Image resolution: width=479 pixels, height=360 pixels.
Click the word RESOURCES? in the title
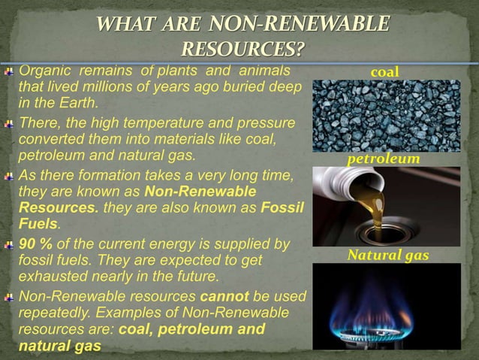coord(243,50)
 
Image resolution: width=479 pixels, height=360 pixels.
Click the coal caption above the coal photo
coord(386,71)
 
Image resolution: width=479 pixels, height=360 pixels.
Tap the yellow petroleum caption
coord(383,160)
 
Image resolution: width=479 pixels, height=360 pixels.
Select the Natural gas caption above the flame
coord(387,256)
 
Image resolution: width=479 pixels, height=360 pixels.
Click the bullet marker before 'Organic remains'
coord(10,72)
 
